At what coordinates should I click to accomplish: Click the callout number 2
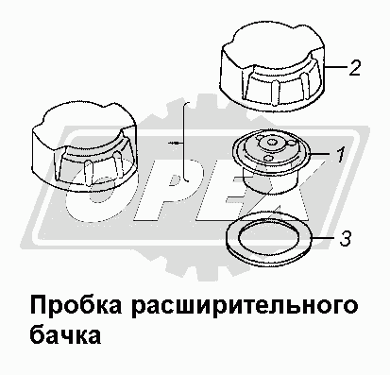pos(354,68)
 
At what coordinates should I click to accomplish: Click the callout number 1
pos(340,155)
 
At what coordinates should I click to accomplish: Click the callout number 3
pos(345,239)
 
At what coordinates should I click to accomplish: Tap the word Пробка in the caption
pos(76,305)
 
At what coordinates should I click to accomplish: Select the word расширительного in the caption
pos(245,306)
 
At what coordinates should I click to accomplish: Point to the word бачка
pos(65,333)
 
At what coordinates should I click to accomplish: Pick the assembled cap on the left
pos(85,145)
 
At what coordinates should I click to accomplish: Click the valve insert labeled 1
pos(271,163)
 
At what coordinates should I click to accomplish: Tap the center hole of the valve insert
pos(270,143)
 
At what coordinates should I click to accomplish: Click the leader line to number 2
pos(335,67)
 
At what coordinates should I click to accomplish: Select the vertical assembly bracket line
pos(183,142)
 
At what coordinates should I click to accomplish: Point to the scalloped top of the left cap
pos(85,126)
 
